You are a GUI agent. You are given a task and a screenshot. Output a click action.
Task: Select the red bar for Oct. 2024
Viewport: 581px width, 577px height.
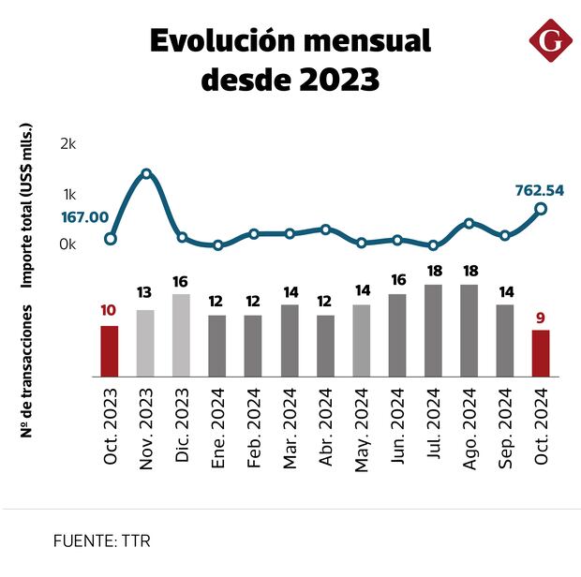pos(541,353)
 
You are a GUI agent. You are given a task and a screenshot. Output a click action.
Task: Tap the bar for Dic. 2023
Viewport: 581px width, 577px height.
pos(182,335)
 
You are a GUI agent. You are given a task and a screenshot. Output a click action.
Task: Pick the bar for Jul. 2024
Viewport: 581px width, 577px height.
pos(433,331)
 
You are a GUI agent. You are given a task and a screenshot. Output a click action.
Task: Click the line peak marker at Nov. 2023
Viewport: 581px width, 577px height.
pos(146,174)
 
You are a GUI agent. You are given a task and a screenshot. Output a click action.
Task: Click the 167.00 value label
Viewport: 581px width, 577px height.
pos(85,217)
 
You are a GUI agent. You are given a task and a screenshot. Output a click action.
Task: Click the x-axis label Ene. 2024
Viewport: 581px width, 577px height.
pos(218,425)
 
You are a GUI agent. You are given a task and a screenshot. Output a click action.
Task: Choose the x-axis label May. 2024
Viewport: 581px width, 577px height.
pos(362,425)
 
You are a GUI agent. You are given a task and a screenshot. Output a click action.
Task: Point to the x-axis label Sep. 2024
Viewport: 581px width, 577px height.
pos(506,425)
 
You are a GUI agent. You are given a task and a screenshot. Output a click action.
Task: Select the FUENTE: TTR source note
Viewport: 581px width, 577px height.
pos(101,540)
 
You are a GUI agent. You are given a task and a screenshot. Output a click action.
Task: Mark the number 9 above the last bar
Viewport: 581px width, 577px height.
pos(541,318)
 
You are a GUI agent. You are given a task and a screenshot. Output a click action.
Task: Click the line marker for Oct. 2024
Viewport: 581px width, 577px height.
pos(541,208)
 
